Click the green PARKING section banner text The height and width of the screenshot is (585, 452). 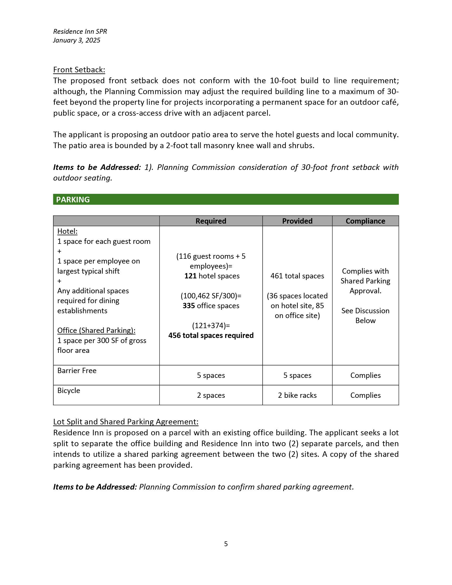73,199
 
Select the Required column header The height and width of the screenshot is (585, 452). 211,221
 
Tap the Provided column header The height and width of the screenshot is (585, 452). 297,221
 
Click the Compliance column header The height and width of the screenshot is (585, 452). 365,221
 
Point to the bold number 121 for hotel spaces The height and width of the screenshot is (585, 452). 190,276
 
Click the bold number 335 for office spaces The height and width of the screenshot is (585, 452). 189,306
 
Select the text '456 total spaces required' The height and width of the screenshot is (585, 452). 211,335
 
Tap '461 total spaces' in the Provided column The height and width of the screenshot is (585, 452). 297,276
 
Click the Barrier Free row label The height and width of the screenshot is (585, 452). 77,370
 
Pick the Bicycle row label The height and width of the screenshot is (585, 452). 69,390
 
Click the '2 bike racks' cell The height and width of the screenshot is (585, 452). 297,395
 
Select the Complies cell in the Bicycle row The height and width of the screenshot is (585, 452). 365,395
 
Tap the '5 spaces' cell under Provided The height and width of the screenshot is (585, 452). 297,375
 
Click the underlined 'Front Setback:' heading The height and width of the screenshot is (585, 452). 79,70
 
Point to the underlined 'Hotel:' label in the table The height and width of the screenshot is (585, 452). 67,231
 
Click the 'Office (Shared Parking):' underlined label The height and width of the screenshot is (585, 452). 96,330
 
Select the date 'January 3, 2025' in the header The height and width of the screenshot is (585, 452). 77,40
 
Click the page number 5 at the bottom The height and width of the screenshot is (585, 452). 226,544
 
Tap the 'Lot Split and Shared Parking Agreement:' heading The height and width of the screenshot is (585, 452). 125,422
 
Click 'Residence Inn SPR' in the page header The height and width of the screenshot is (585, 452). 80,31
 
